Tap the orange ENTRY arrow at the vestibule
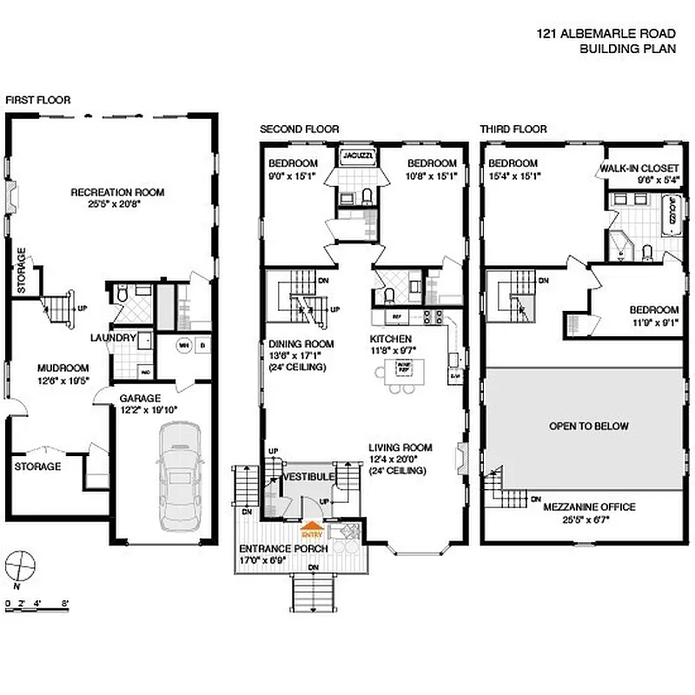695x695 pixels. pos(310,525)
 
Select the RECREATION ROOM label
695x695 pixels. pos(117,192)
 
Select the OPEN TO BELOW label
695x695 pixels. pos(588,427)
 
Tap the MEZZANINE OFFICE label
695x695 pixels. pos(589,507)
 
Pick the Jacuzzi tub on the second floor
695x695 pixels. pos(355,156)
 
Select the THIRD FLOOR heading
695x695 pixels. pos(513,129)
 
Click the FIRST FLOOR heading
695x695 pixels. pos(38,100)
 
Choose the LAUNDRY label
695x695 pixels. pos(113,338)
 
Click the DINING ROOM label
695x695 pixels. pos(297,343)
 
